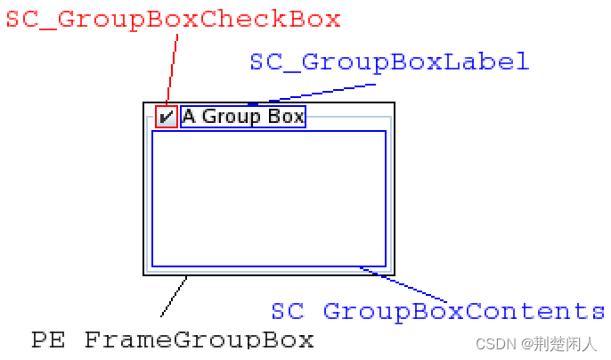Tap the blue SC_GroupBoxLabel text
click(x=389, y=61)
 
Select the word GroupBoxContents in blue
click(x=464, y=311)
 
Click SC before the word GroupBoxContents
click(x=288, y=311)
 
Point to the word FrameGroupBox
click(x=200, y=340)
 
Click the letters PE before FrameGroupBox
click(x=49, y=340)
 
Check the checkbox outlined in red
click(x=167, y=117)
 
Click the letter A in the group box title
click(x=189, y=117)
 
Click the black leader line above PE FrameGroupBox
click(x=174, y=297)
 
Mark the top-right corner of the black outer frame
click(x=394, y=101)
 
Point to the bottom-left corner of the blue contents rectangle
click(x=152, y=266)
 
